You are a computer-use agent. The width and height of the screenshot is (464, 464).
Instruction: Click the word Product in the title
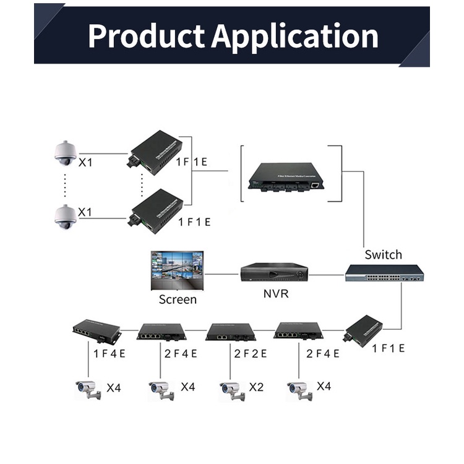tap(145, 36)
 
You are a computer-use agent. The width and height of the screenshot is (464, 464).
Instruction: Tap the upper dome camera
tap(64, 153)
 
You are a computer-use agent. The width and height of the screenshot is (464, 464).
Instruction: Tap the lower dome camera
tap(64, 216)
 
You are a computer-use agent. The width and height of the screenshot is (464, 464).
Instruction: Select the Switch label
tap(383, 254)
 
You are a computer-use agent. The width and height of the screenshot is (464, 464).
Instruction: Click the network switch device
tap(384, 273)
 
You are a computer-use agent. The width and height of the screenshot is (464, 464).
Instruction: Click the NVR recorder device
tap(274, 272)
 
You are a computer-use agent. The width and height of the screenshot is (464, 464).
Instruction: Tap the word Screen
tap(178, 299)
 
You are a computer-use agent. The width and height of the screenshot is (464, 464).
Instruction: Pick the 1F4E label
tap(110, 353)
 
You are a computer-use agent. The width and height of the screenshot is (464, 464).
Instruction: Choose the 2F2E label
tap(251, 353)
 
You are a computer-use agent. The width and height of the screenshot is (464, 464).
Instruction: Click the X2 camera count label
tap(256, 387)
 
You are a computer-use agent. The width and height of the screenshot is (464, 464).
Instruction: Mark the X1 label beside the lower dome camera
tap(85, 212)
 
